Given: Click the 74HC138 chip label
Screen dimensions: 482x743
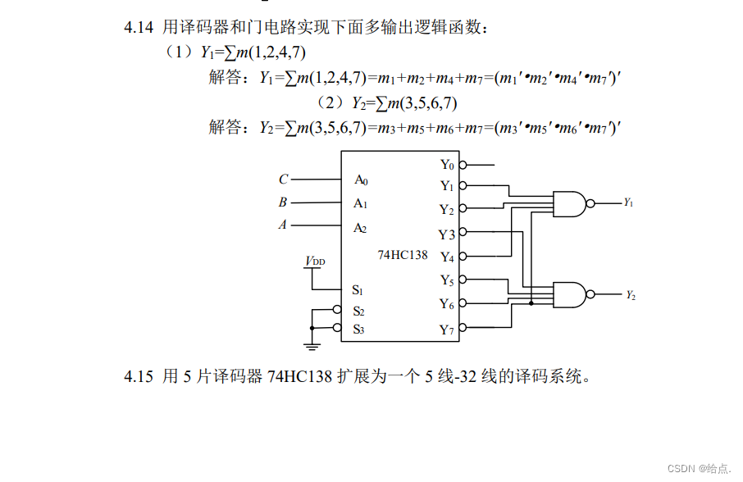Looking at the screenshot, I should point(403,255).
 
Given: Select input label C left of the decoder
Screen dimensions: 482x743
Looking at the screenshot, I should point(283,180).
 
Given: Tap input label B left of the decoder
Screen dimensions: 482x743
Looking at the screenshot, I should point(283,202).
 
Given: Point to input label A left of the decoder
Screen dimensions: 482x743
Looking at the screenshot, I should point(283,225).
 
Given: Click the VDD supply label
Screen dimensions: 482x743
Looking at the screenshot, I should point(315,261).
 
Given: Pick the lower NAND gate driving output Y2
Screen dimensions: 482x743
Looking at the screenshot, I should point(571,293).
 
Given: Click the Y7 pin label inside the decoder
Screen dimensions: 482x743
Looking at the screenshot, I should point(446,330).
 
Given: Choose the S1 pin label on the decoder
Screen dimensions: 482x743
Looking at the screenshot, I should point(358,289).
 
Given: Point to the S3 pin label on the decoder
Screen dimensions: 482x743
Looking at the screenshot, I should point(358,329).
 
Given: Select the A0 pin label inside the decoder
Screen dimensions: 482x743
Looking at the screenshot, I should point(361,180).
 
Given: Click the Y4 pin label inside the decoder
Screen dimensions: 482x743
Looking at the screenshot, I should point(446,257).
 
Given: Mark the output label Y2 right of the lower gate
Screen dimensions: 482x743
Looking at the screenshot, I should point(630,294).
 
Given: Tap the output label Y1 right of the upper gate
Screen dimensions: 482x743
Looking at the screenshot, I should point(628,202).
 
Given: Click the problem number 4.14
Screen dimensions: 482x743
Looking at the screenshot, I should point(139,28).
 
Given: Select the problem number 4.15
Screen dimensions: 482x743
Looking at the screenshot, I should point(139,376).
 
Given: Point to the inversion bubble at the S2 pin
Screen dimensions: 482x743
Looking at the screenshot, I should point(337,310).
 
